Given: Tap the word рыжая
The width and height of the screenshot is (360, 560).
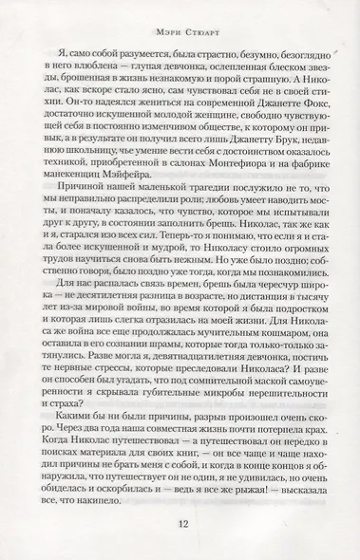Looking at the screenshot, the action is tap(249, 502).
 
